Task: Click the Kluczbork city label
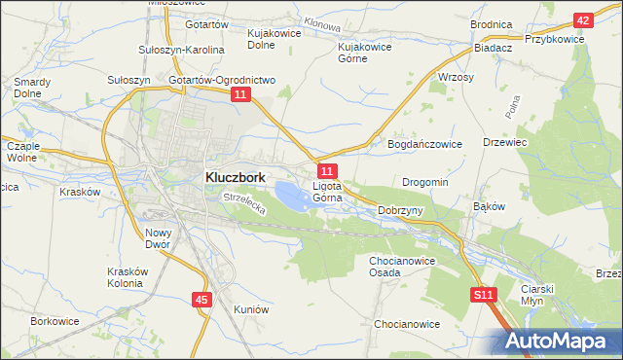237,178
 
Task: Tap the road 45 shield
201,301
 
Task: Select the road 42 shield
582,20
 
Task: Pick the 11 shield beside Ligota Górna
327,171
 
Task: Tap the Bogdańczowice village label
424,144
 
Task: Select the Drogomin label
425,182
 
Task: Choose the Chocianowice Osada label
398,267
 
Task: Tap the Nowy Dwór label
158,238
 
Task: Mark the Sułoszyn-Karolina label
183,50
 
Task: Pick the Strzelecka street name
244,203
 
